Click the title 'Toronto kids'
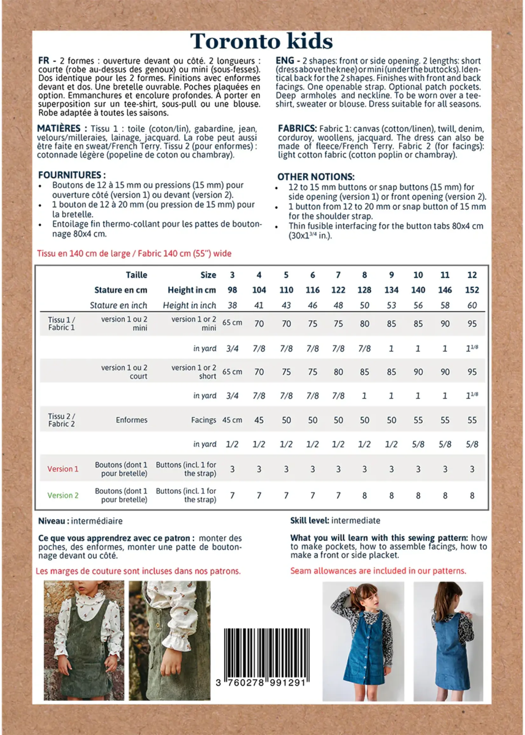(261, 42)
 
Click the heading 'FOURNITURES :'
(72, 175)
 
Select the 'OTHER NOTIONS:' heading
(316, 177)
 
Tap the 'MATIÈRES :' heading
(61, 129)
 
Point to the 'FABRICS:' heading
(297, 129)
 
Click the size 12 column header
(472, 275)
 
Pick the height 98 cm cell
(232, 290)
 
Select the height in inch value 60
(472, 305)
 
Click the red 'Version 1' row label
(63, 469)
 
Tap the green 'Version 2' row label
(63, 495)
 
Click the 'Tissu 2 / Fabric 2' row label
(61, 420)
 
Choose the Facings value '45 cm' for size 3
(232, 420)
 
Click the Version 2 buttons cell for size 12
(472, 495)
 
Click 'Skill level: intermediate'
(335, 521)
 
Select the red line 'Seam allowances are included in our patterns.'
(378, 571)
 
